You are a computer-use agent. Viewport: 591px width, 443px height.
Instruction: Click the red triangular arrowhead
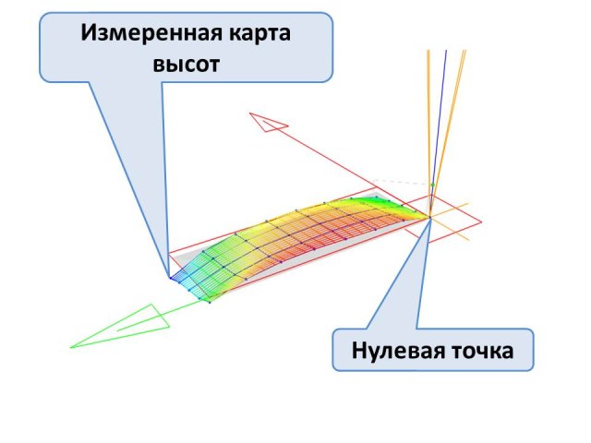pos(269,122)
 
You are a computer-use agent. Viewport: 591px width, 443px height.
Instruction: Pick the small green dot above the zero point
pos(431,186)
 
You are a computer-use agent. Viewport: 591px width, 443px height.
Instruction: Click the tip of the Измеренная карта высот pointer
pos(170,277)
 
